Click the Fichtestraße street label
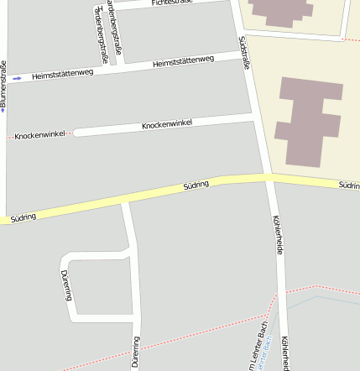[x=172, y=3]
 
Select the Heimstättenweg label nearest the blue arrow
[x=62, y=74]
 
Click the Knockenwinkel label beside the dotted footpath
[x=39, y=134]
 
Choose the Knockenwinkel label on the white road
[x=166, y=123]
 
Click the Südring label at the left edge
[x=23, y=217]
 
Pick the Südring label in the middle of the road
[x=196, y=185]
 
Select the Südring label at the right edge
[x=349, y=184]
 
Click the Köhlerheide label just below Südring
[x=279, y=234]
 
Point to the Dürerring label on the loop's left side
[x=66, y=285]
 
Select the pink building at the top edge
[x=281, y=10]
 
